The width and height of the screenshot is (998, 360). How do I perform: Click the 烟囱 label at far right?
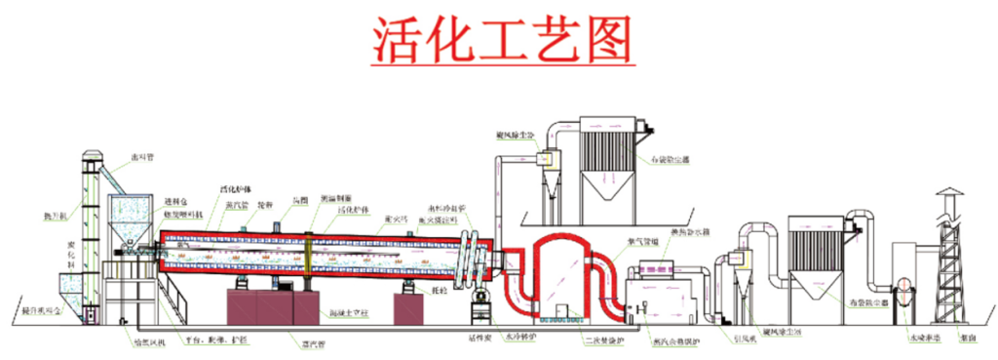click(x=967, y=339)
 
